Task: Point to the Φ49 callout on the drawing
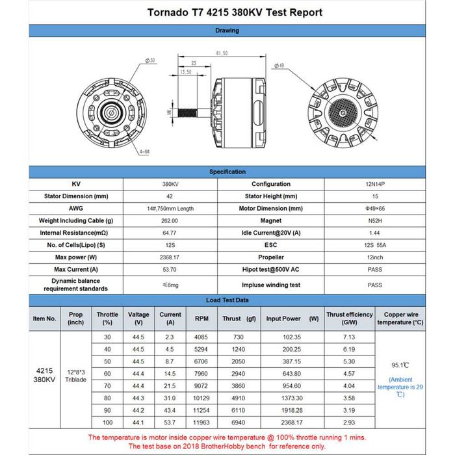pos(281,66)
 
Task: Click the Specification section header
pos(227,172)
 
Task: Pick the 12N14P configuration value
pos(374,184)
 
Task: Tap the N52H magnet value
pos(374,220)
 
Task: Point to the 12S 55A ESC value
pos(374,245)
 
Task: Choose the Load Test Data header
pos(227,300)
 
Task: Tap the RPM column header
pos(201,318)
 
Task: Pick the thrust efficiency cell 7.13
pos(349,337)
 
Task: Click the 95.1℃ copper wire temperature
pos(400,365)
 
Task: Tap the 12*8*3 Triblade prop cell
pos(76,376)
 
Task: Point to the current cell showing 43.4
pos(170,411)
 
